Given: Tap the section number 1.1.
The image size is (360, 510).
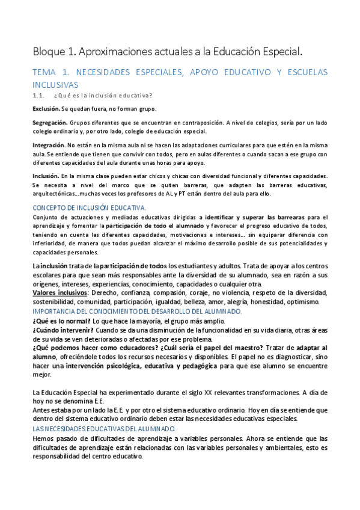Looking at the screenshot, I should click(38, 96).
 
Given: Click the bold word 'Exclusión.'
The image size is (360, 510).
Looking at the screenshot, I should click(46, 109).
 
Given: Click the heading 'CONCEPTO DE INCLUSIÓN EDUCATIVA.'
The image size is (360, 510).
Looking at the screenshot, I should click(89, 207).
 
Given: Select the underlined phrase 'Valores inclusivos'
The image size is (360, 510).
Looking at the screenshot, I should click(60, 292).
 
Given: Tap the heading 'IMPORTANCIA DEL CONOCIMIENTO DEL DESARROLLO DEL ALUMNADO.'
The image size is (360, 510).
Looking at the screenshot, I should click(137, 311).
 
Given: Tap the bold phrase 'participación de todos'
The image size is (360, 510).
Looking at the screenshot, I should click(116, 265).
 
